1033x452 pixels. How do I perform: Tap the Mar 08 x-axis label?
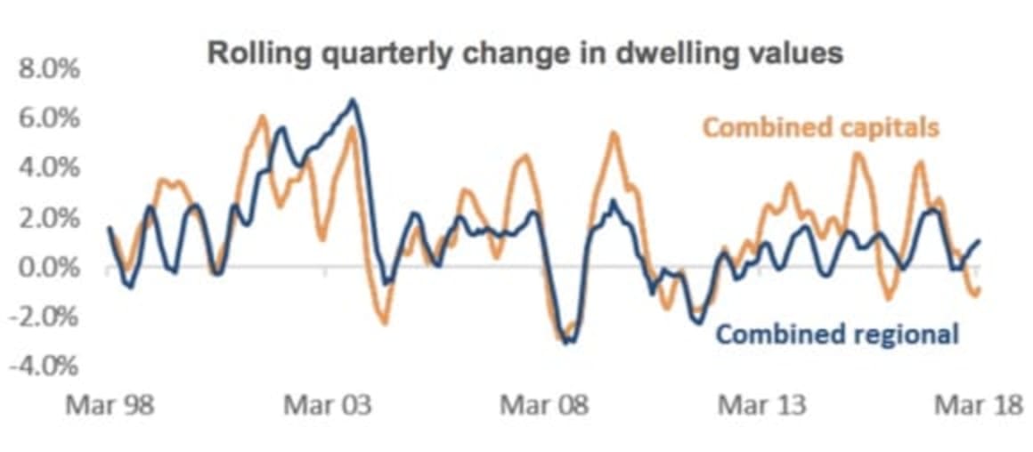click(543, 407)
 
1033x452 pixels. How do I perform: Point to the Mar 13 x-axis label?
click(761, 407)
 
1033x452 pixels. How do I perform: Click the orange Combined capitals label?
click(821, 128)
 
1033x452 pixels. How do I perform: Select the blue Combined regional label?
click(837, 335)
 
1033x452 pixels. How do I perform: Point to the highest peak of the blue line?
click(353, 100)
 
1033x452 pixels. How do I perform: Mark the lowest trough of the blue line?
click(566, 343)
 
